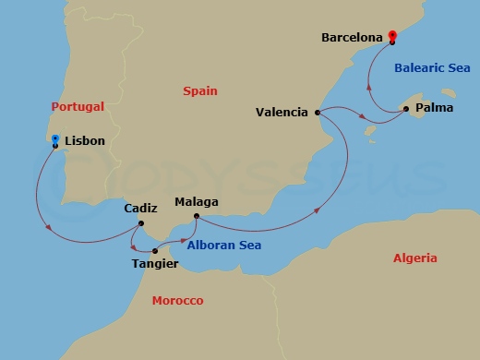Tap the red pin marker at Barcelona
[x=391, y=35]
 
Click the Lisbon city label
[x=85, y=140]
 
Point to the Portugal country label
[x=78, y=106]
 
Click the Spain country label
[x=200, y=90]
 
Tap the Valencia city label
[x=282, y=113]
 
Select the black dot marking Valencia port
[x=318, y=113]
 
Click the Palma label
[x=434, y=108]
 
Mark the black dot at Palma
[x=406, y=109]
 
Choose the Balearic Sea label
[x=432, y=67]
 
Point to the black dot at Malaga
[x=196, y=217]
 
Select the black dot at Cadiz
[x=140, y=222]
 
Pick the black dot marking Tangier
[x=155, y=251]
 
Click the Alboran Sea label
[x=223, y=246]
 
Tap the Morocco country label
[x=177, y=301]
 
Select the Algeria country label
[x=414, y=258]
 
